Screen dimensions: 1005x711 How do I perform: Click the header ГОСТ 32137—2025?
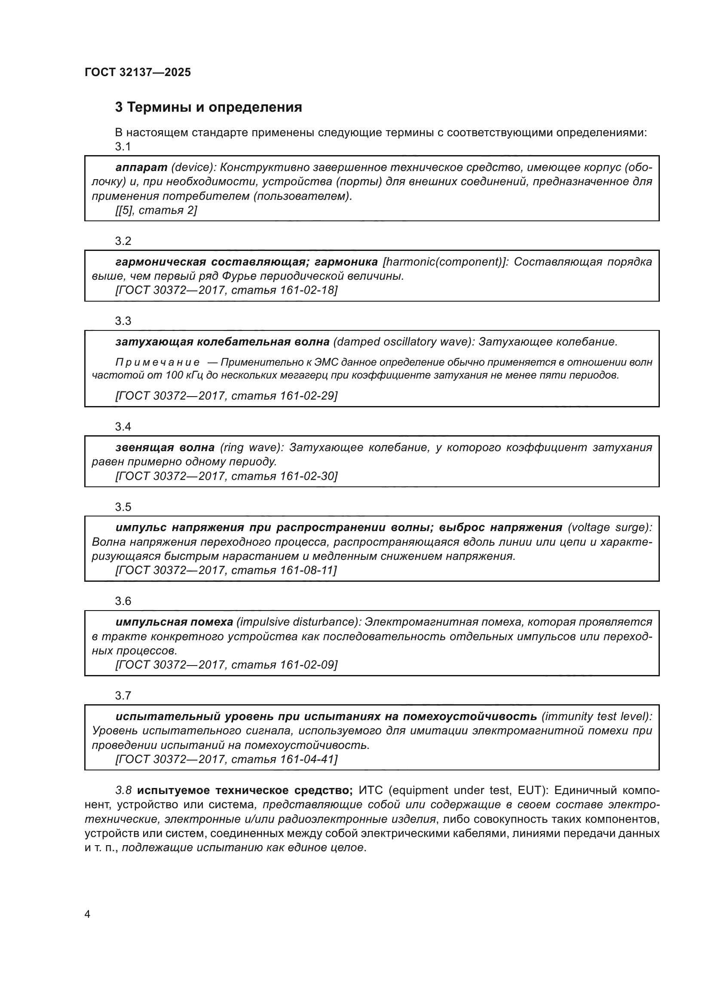(x=138, y=72)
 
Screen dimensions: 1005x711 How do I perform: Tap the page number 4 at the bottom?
(x=87, y=914)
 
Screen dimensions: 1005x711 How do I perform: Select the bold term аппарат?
(x=141, y=167)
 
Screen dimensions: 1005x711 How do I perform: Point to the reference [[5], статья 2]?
(x=156, y=210)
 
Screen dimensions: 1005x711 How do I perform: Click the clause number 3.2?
(x=123, y=241)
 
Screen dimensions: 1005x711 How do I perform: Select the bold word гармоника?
(x=346, y=262)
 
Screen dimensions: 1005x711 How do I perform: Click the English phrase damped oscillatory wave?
(x=403, y=342)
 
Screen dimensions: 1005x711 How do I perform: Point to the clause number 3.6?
(x=123, y=601)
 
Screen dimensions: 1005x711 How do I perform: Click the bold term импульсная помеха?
(x=174, y=622)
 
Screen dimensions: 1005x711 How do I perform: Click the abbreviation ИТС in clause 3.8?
(x=371, y=790)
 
